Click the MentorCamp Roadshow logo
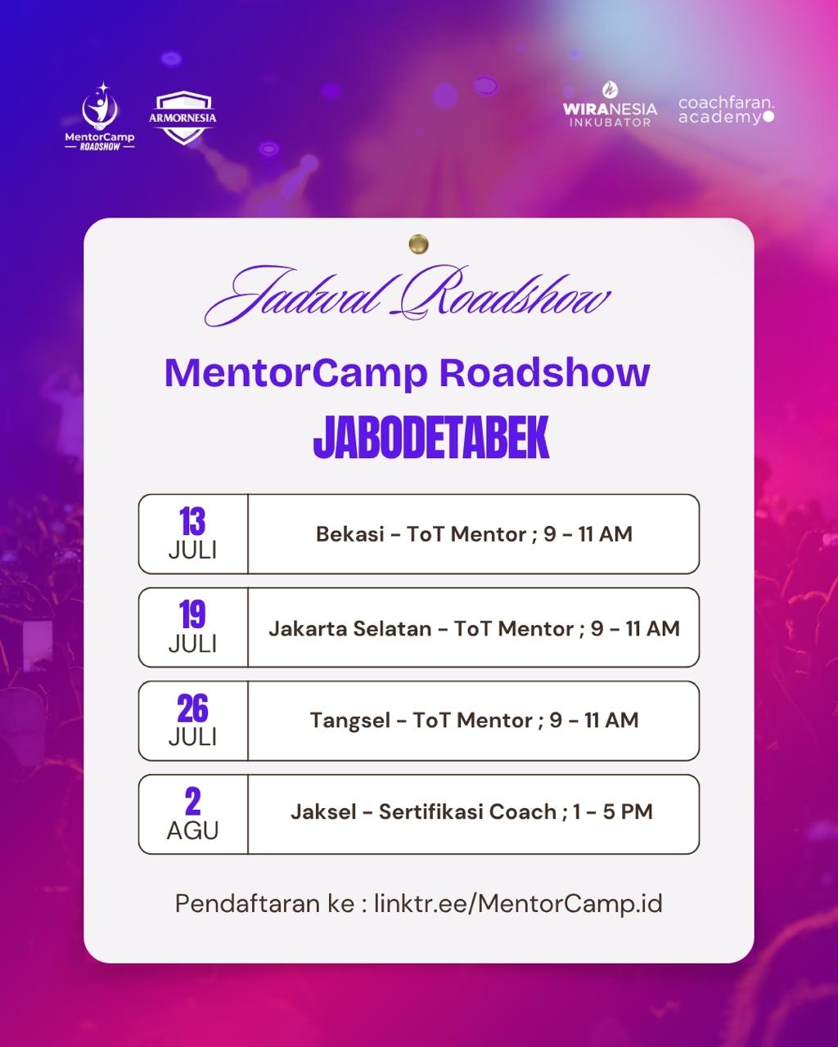[100, 116]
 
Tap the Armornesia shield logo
[182, 117]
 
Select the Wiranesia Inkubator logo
[610, 105]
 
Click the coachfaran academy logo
[726, 110]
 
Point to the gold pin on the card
[419, 244]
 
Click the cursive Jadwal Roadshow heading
[408, 296]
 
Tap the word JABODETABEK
[431, 437]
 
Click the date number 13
[192, 521]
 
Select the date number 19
[192, 614]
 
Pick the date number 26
[192, 708]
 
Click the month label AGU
[193, 830]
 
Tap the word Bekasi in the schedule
[350, 534]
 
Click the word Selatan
[392, 628]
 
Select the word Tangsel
[350, 721]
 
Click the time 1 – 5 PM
[613, 811]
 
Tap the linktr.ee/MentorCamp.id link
[518, 904]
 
